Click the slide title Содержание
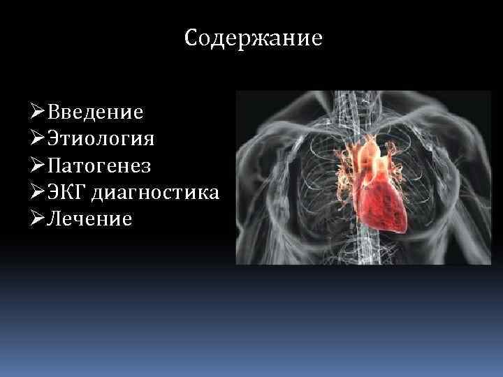click(x=254, y=38)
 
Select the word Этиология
click(x=101, y=138)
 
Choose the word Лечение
click(x=89, y=219)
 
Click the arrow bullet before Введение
click(x=38, y=112)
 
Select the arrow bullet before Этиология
click(x=38, y=138)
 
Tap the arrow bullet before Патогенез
click(x=38, y=165)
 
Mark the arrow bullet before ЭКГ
click(x=38, y=192)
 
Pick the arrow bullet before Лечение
click(x=38, y=219)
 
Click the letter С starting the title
click(x=191, y=38)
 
